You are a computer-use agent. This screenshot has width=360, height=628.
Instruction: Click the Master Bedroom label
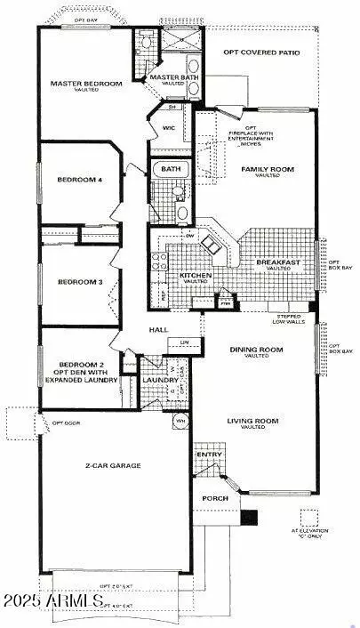[x=85, y=84]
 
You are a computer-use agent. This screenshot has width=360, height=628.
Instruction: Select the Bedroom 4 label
[x=80, y=180]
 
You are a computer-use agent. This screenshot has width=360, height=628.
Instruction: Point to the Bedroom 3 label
[x=80, y=282]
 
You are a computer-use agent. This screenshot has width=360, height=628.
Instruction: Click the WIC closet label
[x=169, y=128]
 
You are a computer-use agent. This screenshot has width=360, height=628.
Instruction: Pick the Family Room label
[x=267, y=168]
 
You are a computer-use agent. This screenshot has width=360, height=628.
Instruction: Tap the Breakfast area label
[x=278, y=262]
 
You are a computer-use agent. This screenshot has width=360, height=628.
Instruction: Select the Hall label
[x=159, y=330]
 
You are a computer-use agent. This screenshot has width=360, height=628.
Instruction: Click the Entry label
[x=211, y=455]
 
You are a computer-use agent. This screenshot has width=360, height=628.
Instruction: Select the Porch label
[x=214, y=498]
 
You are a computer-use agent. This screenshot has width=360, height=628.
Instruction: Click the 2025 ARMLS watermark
[x=53, y=602]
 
